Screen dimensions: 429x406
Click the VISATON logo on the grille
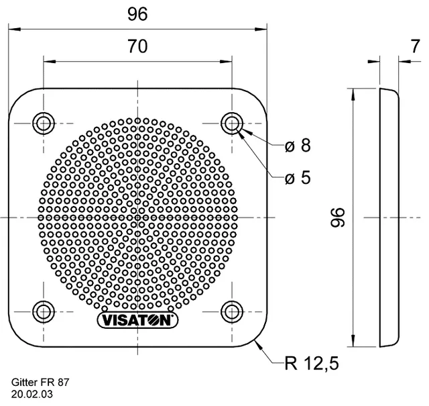point(137,320)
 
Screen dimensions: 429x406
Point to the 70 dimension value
point(137,46)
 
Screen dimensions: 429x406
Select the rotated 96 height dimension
point(338,217)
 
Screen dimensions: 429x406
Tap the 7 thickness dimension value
point(415,46)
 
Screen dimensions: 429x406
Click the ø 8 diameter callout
point(298,146)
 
